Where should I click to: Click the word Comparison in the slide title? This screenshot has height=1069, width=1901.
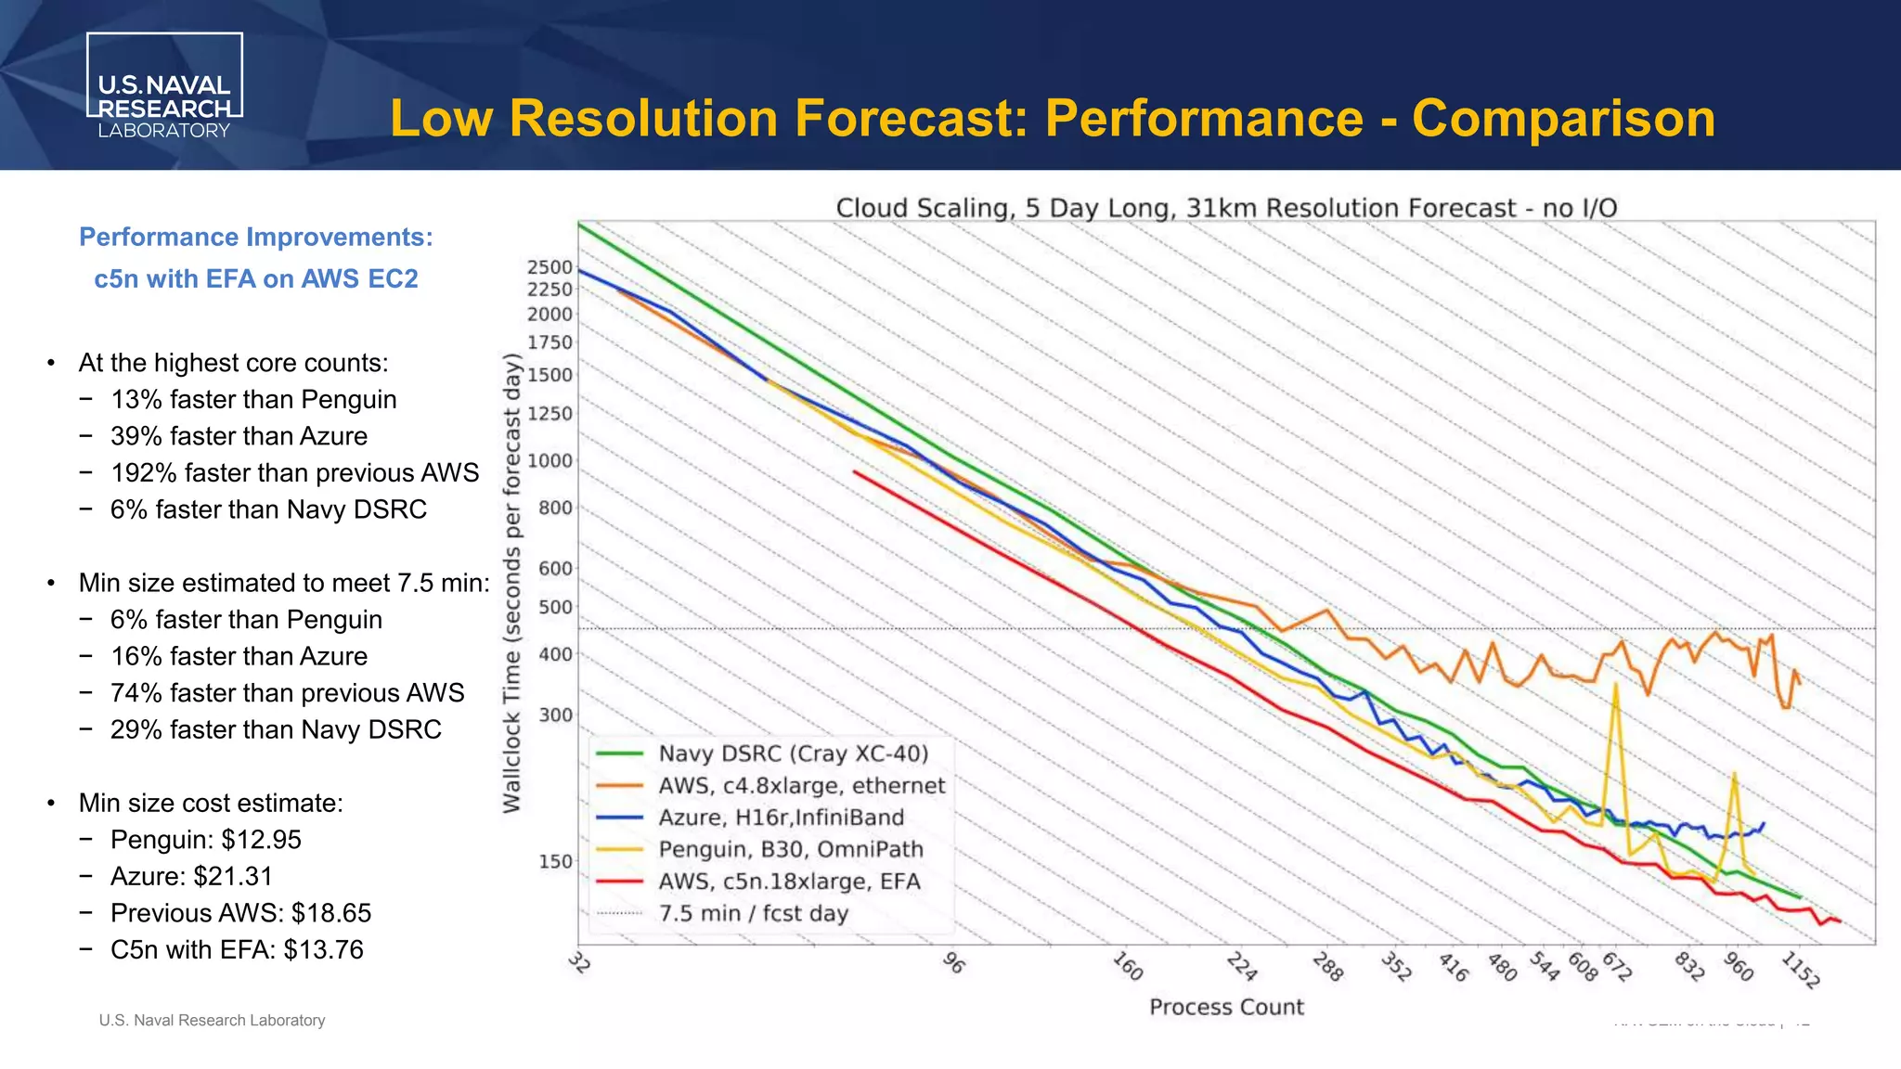pos(1563,119)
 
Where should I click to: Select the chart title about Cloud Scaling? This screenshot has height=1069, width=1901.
pos(1226,208)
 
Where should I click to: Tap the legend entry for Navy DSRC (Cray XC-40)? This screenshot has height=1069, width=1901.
pos(793,753)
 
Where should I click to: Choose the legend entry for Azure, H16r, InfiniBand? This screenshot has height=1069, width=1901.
pos(781,818)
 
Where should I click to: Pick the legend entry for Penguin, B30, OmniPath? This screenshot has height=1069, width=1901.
pos(791,849)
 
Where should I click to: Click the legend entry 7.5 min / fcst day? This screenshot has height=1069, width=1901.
pos(753,913)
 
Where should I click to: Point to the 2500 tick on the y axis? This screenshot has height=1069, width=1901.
pos(550,267)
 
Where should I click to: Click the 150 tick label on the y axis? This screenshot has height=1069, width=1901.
pos(555,861)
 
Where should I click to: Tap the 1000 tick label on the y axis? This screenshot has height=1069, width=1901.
pos(550,461)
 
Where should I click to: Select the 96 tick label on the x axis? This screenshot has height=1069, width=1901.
pos(953,963)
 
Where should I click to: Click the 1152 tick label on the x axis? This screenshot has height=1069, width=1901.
pos(1801,970)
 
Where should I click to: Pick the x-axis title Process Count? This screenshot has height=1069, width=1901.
pos(1226,1007)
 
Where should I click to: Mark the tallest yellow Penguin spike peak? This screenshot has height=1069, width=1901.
pos(1616,685)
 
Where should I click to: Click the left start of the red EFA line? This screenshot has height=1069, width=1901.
pos(855,472)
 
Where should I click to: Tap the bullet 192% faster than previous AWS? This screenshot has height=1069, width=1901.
pos(294,473)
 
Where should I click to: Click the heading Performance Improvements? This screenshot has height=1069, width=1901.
pos(255,237)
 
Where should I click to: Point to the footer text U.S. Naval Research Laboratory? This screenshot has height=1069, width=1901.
pos(212,1020)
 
